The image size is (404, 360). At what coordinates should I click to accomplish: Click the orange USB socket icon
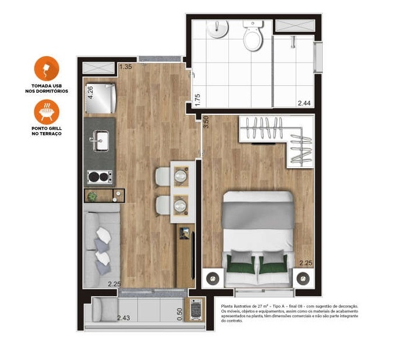(46, 69)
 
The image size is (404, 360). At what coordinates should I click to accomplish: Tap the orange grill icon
(46, 112)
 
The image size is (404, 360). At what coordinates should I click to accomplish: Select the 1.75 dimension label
(197, 99)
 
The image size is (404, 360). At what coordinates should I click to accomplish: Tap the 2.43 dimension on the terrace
(123, 318)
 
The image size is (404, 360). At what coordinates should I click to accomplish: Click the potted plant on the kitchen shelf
(92, 195)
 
